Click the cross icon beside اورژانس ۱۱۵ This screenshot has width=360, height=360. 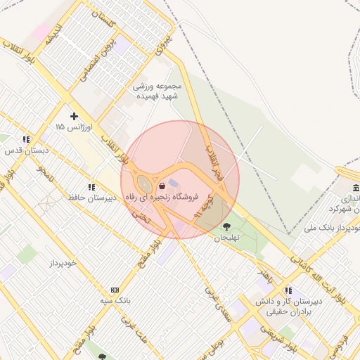coord(74,115)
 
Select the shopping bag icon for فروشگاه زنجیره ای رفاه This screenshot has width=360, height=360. coord(163,186)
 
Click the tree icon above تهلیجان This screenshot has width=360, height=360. coord(226,226)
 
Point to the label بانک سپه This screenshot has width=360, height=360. coord(115,301)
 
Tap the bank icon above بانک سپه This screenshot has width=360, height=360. coord(115,290)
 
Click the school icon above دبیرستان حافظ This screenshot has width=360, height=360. coord(91,187)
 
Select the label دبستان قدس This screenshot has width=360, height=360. coord(23,150)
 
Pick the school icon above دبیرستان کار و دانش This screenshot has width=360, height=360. coord(288,290)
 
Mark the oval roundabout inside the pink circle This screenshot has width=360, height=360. coord(144,186)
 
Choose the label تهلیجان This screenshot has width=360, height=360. coord(227,238)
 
